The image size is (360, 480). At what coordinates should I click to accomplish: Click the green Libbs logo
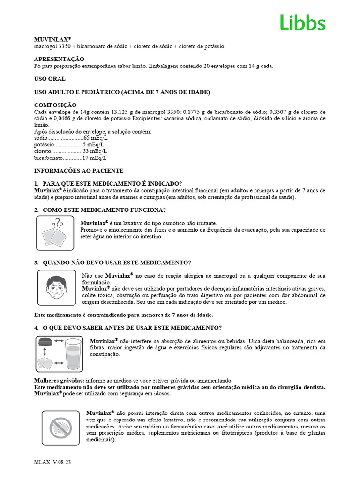(302, 22)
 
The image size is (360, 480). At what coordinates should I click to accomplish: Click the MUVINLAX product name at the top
(52, 40)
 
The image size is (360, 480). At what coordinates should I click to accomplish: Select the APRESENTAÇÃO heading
(59, 59)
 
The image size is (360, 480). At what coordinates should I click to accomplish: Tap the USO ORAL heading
(50, 79)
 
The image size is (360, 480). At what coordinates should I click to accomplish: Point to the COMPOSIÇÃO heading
(55, 105)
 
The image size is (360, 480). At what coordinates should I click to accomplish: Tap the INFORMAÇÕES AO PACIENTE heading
(79, 171)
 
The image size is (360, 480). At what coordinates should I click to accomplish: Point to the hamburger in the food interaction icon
(45, 342)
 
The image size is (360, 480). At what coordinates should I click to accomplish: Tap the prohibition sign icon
(60, 426)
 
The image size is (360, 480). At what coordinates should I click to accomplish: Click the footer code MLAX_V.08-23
(52, 462)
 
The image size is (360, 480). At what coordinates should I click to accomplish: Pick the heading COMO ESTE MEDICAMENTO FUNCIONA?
(104, 210)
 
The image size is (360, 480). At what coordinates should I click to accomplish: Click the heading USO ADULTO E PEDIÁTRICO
(122, 92)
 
